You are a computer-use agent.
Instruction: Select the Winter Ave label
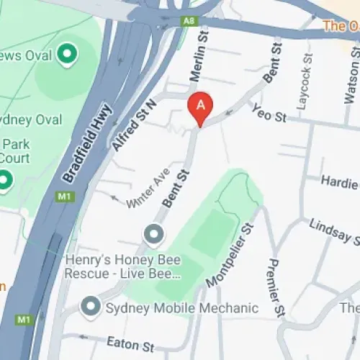pos(148,191)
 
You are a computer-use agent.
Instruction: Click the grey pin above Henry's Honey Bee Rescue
pos(153,234)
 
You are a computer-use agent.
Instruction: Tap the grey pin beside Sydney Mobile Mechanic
pos(91,307)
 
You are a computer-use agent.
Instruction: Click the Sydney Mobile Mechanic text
pos(181,308)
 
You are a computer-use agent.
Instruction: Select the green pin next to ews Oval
pos(67,52)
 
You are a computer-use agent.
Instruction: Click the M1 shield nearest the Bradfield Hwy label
pos(65,196)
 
